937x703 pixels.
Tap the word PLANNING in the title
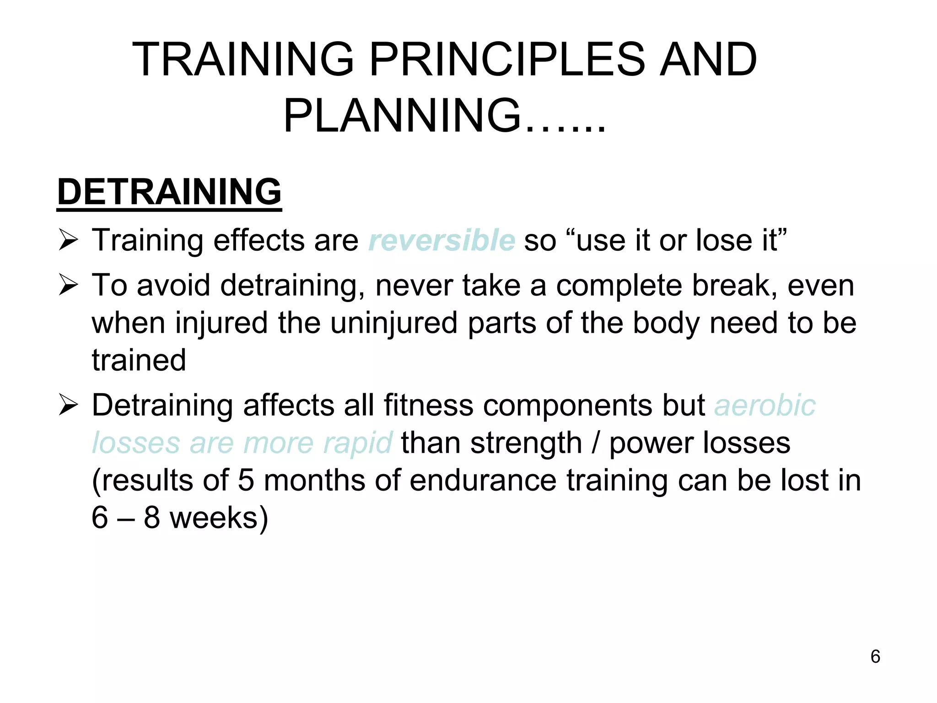[x=403, y=116]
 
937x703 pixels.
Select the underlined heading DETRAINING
[x=169, y=192]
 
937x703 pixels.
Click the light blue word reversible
[x=442, y=240]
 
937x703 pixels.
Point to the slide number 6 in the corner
[x=875, y=657]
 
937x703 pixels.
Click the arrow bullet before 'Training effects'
[x=69, y=240]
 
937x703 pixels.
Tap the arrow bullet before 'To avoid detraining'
[x=69, y=286]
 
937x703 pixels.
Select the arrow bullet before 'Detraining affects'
[x=69, y=406]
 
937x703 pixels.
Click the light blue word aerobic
[x=765, y=406]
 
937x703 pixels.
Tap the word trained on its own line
[x=139, y=360]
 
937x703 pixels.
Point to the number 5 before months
[x=246, y=481]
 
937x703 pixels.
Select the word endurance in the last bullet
[x=483, y=481]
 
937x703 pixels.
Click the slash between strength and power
[x=595, y=443]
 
